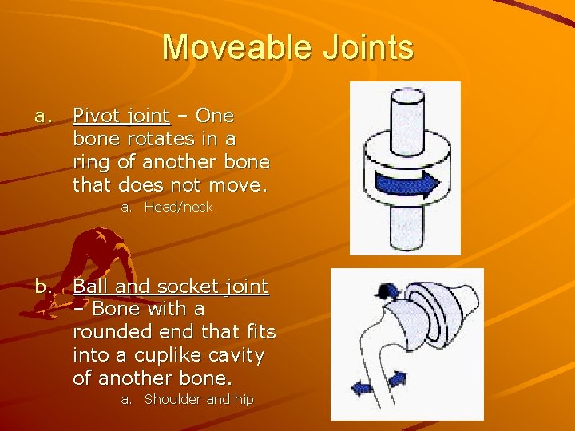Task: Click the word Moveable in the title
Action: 226,48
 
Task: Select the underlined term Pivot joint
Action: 121,116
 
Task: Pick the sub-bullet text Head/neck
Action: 178,208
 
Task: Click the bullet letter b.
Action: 43,287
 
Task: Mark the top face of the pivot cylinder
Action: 405,101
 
